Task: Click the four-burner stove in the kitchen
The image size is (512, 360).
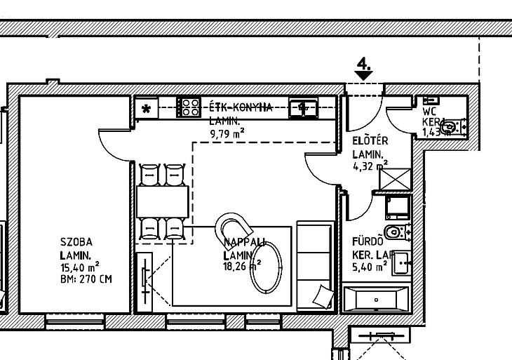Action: (189, 107)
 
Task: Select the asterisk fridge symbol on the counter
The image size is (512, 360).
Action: (147, 108)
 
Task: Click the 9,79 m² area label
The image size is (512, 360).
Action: (228, 131)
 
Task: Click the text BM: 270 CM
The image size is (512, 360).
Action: (86, 279)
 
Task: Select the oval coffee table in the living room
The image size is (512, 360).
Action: (266, 267)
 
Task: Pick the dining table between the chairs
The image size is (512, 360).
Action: (163, 201)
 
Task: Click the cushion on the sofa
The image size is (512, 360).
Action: (323, 296)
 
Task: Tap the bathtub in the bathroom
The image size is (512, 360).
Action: (376, 300)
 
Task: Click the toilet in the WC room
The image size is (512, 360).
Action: (452, 127)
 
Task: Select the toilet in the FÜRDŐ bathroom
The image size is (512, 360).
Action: (395, 232)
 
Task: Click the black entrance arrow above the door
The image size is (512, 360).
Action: (364, 74)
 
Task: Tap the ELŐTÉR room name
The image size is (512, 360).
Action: (370, 141)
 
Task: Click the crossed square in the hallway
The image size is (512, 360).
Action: (394, 178)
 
